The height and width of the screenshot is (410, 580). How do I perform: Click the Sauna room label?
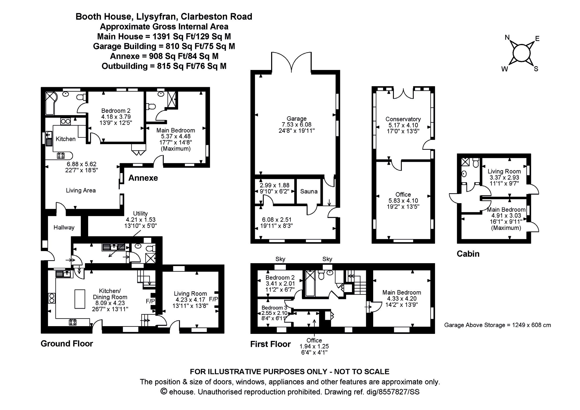309,191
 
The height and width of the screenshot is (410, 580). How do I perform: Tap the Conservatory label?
403,119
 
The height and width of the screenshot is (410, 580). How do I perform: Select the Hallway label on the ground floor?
64,228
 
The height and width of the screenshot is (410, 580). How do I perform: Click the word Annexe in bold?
143,178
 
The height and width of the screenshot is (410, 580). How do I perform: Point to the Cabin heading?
468,254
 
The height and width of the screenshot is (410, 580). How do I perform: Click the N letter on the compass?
507,38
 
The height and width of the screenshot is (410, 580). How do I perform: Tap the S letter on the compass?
536,69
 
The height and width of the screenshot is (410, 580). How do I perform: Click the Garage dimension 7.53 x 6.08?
296,125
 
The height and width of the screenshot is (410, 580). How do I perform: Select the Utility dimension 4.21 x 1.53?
140,219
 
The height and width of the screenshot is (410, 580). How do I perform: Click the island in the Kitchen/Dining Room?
80,299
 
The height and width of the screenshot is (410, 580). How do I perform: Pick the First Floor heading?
270,344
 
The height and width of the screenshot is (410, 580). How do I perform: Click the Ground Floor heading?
67,344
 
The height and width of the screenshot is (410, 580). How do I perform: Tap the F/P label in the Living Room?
214,299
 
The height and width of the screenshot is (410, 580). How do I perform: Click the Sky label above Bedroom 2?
280,259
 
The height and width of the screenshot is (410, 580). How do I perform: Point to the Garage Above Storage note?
497,325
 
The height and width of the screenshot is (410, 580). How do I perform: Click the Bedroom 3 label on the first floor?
274,308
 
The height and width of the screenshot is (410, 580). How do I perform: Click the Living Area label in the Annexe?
81,191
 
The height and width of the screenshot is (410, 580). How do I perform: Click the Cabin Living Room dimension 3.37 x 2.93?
504,177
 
